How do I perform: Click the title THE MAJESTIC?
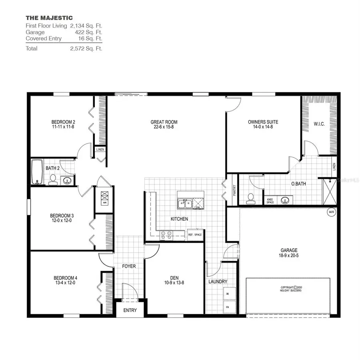coord(49,18)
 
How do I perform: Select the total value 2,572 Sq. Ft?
coord(86,48)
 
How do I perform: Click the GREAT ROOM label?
coord(164,122)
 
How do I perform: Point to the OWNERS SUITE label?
coord(263,122)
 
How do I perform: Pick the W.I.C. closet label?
coord(319,124)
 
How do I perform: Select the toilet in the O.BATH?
coord(251,199)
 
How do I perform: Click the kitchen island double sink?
coord(184,204)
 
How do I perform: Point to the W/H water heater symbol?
coord(331,212)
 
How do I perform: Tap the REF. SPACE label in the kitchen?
coord(195,235)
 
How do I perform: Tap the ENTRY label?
coord(130,310)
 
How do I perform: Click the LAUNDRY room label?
coord(218,281)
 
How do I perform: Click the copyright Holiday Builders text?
coord(291,289)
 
